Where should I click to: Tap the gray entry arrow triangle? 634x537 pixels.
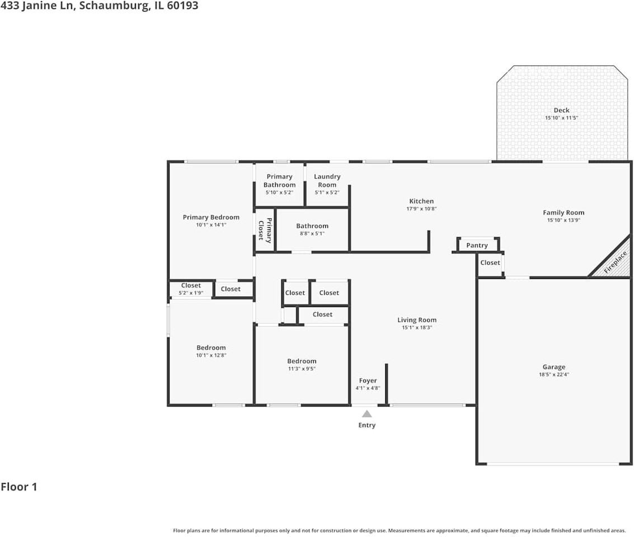coord(367,414)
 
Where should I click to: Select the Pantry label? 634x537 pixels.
coord(477,245)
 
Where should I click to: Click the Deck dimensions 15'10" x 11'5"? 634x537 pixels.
coord(561,118)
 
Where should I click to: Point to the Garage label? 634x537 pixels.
coord(553,367)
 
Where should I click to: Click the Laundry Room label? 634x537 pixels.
coord(327,181)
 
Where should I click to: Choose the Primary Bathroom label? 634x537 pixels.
coord(279,181)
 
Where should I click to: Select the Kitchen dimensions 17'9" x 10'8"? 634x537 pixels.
coord(421,209)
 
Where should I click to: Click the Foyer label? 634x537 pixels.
coord(368,380)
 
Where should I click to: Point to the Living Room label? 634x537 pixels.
coord(417,320)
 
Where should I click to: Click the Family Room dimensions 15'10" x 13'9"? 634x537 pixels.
coord(563,220)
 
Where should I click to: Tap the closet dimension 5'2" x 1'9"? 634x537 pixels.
coord(191,293)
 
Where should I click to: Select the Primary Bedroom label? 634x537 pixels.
coord(211,217)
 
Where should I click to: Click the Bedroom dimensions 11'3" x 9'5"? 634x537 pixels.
coord(302,369)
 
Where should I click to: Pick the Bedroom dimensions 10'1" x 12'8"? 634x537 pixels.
coord(211,355)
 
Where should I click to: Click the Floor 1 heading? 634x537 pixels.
coord(19,487)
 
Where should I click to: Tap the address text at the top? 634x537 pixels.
coord(99,6)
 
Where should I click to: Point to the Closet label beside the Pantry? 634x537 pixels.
coord(490,262)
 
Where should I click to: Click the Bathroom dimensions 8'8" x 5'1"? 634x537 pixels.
coord(312,233)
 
